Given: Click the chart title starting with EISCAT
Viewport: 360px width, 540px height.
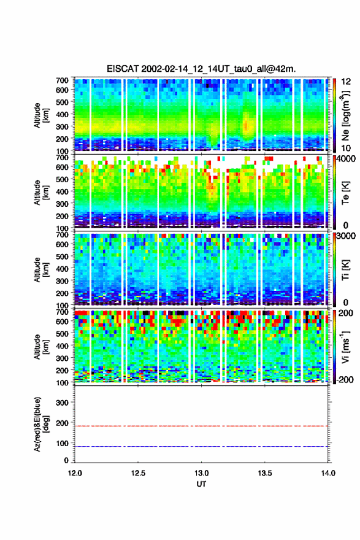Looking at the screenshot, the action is [x=201, y=69].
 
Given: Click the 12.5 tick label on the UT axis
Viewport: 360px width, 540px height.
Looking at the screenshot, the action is [x=138, y=473].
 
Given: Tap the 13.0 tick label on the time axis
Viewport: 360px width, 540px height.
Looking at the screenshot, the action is [x=201, y=473].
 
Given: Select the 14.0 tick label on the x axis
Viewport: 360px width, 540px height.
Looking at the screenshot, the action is [x=328, y=473].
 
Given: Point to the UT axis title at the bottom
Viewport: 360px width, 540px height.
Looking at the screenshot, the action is [x=201, y=484].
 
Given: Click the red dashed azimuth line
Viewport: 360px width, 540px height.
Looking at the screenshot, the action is [x=201, y=426].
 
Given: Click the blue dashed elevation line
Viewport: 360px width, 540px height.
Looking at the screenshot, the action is [x=201, y=446].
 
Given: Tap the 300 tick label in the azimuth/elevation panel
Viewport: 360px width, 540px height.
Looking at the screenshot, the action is [x=62, y=403].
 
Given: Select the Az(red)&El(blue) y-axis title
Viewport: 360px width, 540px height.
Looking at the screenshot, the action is [x=41, y=424].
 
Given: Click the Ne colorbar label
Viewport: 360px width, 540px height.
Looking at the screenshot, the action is [x=345, y=115].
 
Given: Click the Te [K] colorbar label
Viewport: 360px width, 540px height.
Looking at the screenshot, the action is [x=345, y=195].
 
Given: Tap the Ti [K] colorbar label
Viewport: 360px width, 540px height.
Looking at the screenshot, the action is [x=345, y=269].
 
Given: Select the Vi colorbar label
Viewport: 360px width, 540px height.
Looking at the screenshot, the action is [x=345, y=347].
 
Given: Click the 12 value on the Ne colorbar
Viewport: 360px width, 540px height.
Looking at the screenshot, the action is [x=346, y=81].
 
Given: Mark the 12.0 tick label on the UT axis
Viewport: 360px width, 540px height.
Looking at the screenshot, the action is [x=75, y=473].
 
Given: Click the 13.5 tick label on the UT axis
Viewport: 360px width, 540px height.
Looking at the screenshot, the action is [x=265, y=473].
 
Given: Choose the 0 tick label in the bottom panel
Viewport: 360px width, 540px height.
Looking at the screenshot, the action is [x=66, y=460].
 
